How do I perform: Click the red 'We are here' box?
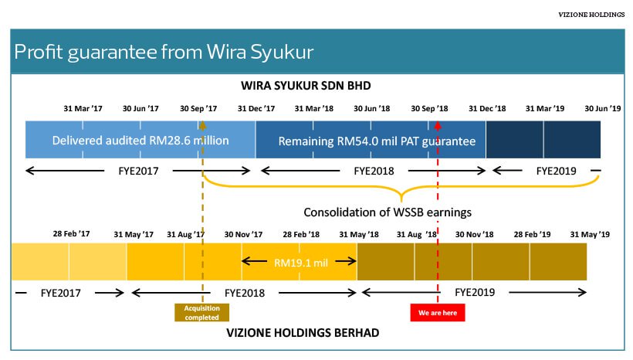438,313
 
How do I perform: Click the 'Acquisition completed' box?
201,313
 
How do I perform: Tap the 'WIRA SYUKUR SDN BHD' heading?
317,85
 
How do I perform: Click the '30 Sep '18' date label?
429,108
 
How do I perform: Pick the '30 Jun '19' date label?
602,108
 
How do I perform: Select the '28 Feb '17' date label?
72,233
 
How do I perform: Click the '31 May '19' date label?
590,233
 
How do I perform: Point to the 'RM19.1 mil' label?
301,263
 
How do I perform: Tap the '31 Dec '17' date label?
256,108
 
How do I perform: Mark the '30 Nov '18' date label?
474,233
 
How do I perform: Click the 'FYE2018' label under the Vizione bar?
244,293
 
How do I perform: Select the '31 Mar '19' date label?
545,108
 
